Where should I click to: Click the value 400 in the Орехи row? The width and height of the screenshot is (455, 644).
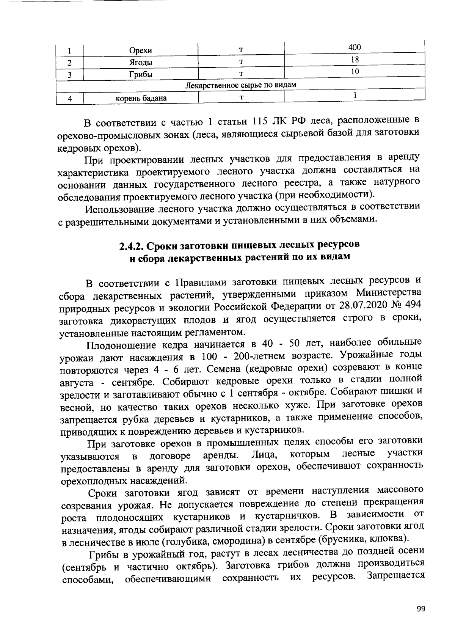click(x=354, y=47)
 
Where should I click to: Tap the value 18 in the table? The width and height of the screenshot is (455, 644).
click(x=355, y=59)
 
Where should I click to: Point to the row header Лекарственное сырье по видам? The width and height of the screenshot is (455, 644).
click(x=240, y=85)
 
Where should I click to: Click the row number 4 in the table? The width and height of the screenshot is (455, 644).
click(x=70, y=99)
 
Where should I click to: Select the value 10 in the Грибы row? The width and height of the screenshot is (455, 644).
click(x=355, y=71)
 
